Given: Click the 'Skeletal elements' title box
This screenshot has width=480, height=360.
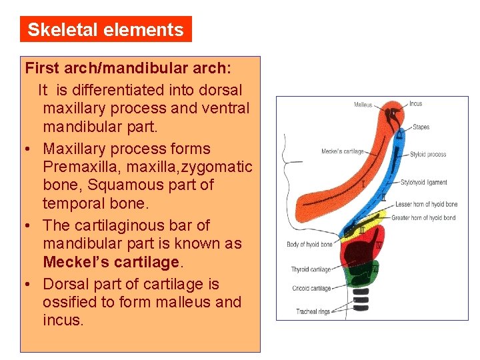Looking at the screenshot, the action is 105,30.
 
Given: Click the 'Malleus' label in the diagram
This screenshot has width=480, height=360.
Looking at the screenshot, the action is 363,105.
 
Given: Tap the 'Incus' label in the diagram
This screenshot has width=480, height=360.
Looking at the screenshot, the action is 416,104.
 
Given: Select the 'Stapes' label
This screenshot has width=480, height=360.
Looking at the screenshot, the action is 421,127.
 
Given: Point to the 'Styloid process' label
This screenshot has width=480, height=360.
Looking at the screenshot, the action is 428,155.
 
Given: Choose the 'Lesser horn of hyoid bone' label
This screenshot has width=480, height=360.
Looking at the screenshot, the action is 427,204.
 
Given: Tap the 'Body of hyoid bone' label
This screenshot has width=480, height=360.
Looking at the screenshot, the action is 309,245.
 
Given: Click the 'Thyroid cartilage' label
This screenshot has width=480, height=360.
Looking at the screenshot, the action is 311,269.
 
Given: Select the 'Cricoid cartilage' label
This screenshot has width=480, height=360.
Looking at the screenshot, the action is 311,288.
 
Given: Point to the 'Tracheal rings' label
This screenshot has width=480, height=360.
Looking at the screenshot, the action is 313,311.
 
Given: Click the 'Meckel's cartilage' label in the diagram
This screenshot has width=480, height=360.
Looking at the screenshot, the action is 343,151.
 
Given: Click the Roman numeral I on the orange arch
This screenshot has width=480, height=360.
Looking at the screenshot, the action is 363,183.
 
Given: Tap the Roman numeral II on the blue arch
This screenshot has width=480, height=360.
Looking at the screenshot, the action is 383,197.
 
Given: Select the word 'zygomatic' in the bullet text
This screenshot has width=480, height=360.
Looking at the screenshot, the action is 221,167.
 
